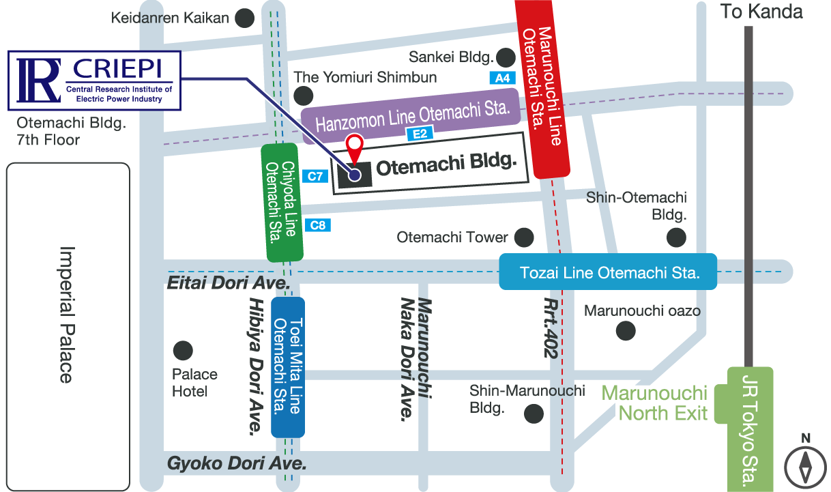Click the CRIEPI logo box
click(94, 81)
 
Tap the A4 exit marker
click(501, 78)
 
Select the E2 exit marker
click(420, 134)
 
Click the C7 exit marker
click(315, 177)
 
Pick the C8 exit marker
click(318, 225)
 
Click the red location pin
click(355, 145)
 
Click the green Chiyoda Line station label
click(282, 203)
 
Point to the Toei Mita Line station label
click(287, 366)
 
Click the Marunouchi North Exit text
click(654, 403)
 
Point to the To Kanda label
click(761, 12)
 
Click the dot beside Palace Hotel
click(182, 351)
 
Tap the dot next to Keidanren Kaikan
click(244, 18)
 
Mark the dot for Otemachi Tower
click(523, 237)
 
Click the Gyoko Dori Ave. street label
click(236, 463)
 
